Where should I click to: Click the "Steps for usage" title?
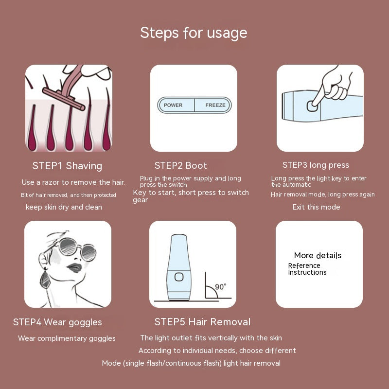coord(194,33)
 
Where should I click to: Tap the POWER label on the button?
coord(173,105)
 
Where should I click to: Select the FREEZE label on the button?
coord(215,105)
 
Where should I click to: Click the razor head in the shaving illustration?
coord(64,99)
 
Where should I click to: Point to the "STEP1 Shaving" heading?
coord(67,166)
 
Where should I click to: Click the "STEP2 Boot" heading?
coord(180,165)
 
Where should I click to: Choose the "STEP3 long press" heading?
coord(316,165)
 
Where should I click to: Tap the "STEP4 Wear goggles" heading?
coord(57,322)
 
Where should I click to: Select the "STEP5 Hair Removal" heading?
coord(202,322)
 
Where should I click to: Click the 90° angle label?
coord(221,287)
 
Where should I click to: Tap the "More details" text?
coord(318,255)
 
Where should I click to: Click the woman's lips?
coord(74,268)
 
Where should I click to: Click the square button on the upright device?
coord(179,277)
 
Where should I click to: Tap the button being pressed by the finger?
coord(312,106)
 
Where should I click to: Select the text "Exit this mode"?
coord(316,207)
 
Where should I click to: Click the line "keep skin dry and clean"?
coord(64,207)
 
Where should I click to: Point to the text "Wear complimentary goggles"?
coord(67,338)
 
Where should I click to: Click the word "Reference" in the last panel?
coord(304,265)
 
